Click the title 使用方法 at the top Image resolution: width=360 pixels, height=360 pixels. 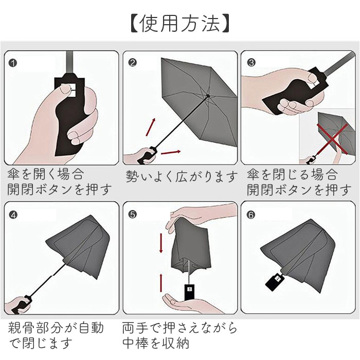180,24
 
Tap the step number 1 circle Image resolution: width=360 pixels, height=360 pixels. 13,63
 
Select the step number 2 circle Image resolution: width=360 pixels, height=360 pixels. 133,62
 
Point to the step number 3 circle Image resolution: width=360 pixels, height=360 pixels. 251,62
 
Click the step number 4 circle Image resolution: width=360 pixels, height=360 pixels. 13,215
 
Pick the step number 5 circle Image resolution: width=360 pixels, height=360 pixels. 133,214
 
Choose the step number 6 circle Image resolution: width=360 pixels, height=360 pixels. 251,214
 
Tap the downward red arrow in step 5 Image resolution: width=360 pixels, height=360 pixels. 161,243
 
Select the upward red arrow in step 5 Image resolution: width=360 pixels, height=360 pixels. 161,283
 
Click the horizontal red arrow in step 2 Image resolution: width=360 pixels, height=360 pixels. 171,152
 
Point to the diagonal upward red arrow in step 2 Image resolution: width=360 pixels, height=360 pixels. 151,127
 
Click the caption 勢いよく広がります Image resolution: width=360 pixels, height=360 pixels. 182,176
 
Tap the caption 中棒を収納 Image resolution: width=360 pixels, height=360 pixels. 156,343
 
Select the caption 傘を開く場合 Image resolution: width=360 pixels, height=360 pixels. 45,174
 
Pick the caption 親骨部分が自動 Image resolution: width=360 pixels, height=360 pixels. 56,328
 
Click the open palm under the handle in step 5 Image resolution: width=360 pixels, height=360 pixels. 186,302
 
